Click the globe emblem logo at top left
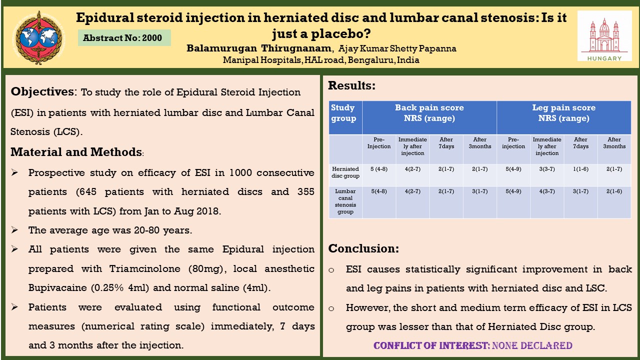pos(38,37)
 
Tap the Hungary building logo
pos(604,36)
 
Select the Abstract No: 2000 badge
pos(124,37)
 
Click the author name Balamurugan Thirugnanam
pos(259,48)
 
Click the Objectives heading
pos(42,92)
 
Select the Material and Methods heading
pos(76,152)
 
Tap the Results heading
pos(351,85)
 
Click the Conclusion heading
pos(363,248)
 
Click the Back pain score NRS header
pos(429,113)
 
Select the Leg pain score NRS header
pos(563,113)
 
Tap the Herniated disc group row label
pos(345,172)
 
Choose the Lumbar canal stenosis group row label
pos(345,201)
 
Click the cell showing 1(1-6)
pos(580,169)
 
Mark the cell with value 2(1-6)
pos(614,191)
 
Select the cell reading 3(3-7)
pos(547,169)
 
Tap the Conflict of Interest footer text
pos(472,345)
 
